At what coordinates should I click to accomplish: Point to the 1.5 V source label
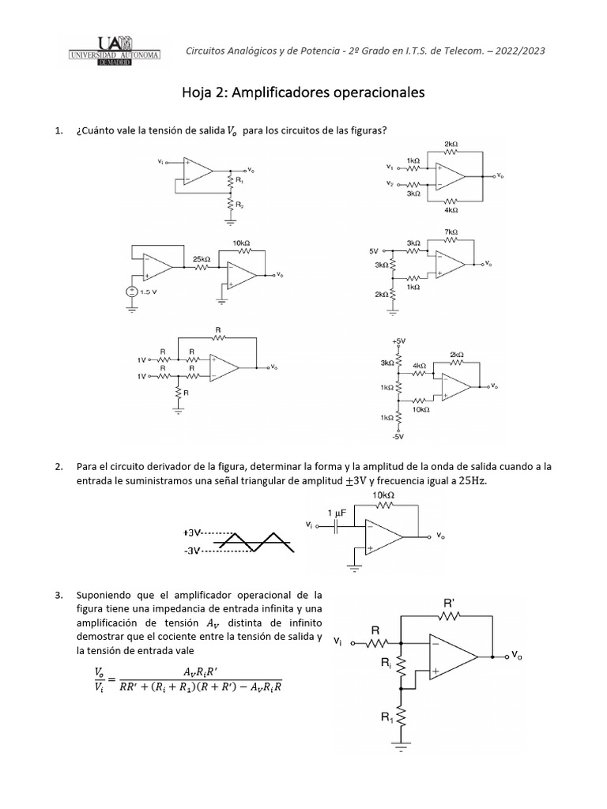tap(149, 292)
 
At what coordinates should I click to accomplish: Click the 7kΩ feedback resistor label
tap(451, 232)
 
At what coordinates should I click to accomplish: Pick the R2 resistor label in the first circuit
tap(241, 205)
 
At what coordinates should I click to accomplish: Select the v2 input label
tap(390, 184)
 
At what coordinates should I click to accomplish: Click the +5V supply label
tap(397, 341)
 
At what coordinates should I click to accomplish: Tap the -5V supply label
tap(398, 435)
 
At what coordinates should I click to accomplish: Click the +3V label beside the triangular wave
tap(193, 533)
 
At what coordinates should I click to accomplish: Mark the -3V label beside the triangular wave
tap(193, 551)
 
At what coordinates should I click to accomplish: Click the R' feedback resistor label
tap(449, 603)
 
